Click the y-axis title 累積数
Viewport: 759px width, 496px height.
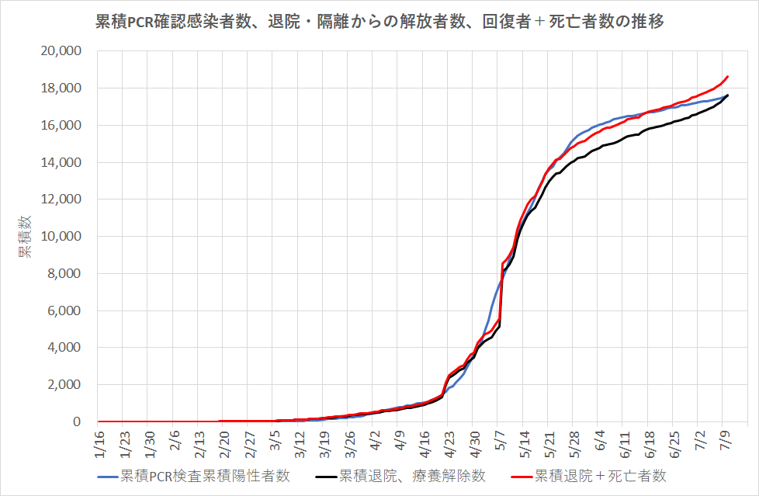tap(26, 237)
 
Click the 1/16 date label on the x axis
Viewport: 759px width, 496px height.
tap(99, 442)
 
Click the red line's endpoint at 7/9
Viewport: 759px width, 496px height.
tap(728, 76)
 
